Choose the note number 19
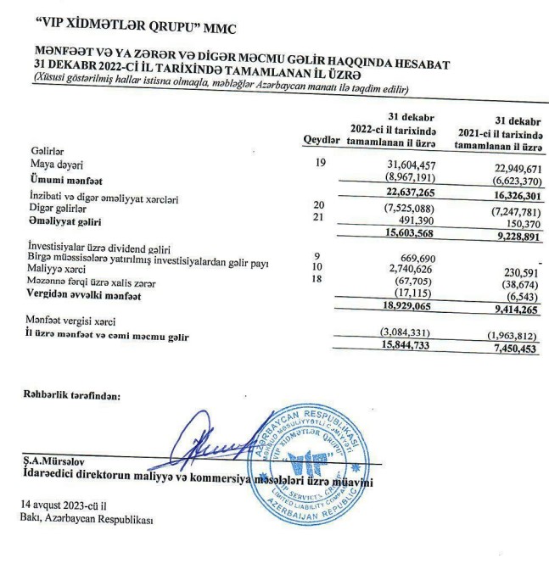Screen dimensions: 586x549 coord(320,161)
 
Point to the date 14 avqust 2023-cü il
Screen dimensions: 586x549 coord(64,505)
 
